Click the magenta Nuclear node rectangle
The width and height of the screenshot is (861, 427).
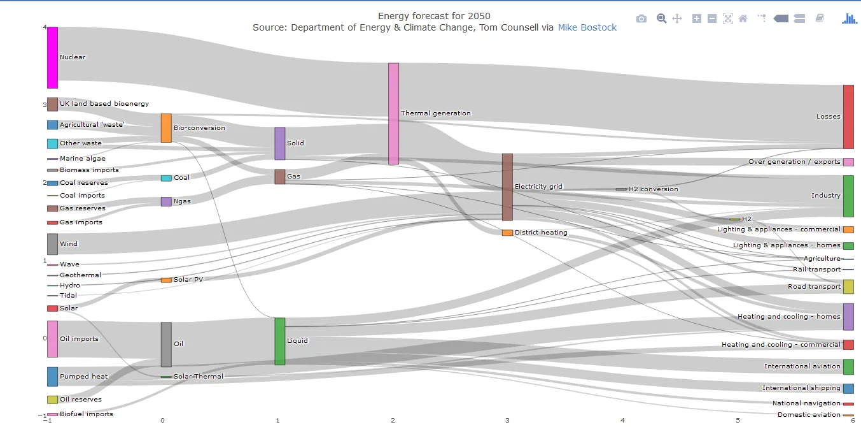click(x=52, y=57)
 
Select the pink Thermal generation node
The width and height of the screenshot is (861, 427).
click(x=393, y=113)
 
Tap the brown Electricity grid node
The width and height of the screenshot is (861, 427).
click(x=507, y=187)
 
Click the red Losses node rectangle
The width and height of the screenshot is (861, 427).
click(x=848, y=117)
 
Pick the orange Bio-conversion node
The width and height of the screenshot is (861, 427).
click(x=166, y=128)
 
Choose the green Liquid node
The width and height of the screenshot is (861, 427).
click(x=279, y=341)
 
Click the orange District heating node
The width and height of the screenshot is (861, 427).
click(x=507, y=233)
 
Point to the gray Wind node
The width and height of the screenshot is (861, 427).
click(x=52, y=244)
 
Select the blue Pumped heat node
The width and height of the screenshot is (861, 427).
click(x=52, y=377)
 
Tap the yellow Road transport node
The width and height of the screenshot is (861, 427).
click(x=848, y=287)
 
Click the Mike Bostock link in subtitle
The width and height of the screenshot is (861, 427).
click(x=587, y=27)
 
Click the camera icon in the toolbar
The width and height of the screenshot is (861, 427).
click(x=641, y=19)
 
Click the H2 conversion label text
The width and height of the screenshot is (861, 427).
click(x=653, y=189)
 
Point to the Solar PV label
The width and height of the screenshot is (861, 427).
click(x=188, y=280)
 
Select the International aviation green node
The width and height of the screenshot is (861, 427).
click(x=848, y=366)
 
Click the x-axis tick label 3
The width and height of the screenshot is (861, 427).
click(x=507, y=421)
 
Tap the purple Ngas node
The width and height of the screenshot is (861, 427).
click(x=166, y=201)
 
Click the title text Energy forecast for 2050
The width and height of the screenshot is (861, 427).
click(x=434, y=16)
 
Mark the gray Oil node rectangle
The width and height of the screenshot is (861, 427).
click(x=166, y=344)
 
